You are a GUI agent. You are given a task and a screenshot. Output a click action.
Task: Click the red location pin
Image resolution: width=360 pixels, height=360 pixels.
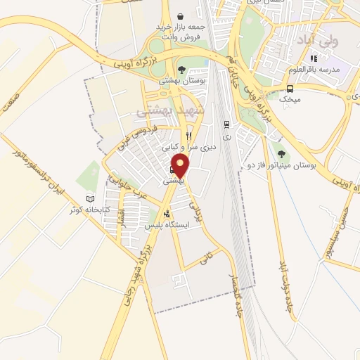181,166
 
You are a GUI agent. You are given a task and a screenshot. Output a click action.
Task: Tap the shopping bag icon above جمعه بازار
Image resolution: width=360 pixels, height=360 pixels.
181,16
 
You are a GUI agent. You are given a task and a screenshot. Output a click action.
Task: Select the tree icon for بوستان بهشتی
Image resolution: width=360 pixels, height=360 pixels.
181,70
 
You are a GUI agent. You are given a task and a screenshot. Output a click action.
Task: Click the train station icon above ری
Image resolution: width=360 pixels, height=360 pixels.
226,124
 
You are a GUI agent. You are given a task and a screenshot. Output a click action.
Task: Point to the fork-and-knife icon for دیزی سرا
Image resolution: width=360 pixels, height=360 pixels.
188,136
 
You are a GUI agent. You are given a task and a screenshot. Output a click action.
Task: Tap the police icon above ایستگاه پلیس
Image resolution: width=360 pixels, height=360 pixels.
167,214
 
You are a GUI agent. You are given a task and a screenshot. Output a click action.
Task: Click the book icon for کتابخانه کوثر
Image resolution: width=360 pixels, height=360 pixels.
89,199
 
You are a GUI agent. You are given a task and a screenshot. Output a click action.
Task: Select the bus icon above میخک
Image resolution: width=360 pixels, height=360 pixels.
290,89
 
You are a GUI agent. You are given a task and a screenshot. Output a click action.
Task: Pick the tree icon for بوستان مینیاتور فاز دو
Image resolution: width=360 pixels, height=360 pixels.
282,154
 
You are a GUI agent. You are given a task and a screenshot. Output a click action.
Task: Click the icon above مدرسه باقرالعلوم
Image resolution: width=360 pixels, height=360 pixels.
314,58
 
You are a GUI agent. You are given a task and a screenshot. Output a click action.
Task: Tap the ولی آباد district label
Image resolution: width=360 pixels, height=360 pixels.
319,39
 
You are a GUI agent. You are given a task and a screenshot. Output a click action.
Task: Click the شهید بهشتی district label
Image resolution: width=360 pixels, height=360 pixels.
169,110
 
